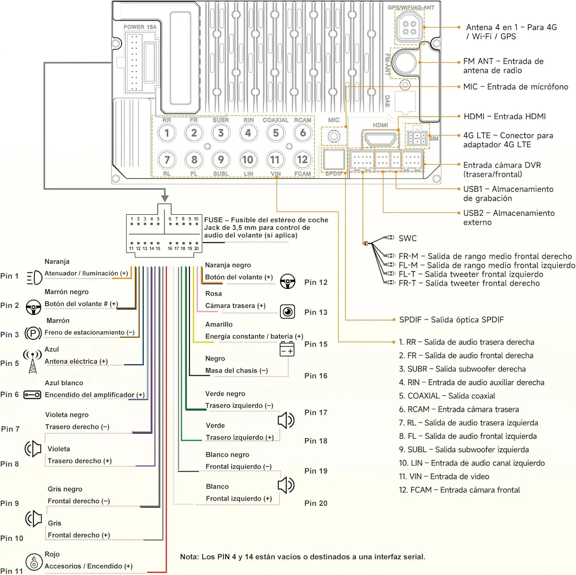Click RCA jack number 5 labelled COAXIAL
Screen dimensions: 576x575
[276, 133]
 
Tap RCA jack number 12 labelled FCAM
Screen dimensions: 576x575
[303, 160]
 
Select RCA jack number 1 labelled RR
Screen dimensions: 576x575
[167, 133]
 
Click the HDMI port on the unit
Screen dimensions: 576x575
[380, 139]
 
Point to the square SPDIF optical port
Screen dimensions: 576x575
[334, 160]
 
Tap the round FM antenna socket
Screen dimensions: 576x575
[404, 62]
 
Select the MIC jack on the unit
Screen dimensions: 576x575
[334, 136]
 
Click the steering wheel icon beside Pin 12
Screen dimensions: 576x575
[288, 281]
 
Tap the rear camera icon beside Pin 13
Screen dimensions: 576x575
[288, 312]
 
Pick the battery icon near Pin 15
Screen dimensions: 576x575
[287, 349]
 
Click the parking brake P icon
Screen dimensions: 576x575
[33, 333]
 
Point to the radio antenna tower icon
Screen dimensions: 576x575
[33, 361]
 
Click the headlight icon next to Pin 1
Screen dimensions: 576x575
[34, 277]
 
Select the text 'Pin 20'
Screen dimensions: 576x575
[316, 503]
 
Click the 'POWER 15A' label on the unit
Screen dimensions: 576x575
[140, 27]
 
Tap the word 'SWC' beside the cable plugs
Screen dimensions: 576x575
[407, 238]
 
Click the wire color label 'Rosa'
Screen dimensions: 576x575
[214, 294]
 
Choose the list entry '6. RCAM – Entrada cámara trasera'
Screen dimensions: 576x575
[459, 409]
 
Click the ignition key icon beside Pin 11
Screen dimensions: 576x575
[34, 562]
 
